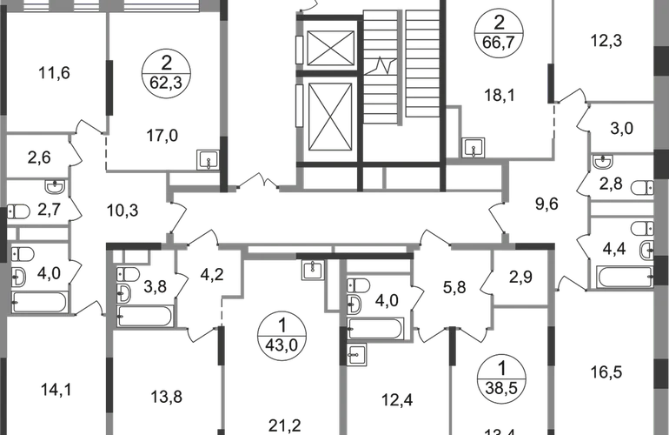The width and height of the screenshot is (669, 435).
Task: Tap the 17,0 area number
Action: tap(163, 136)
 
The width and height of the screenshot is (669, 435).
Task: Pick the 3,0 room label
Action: tap(619, 130)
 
